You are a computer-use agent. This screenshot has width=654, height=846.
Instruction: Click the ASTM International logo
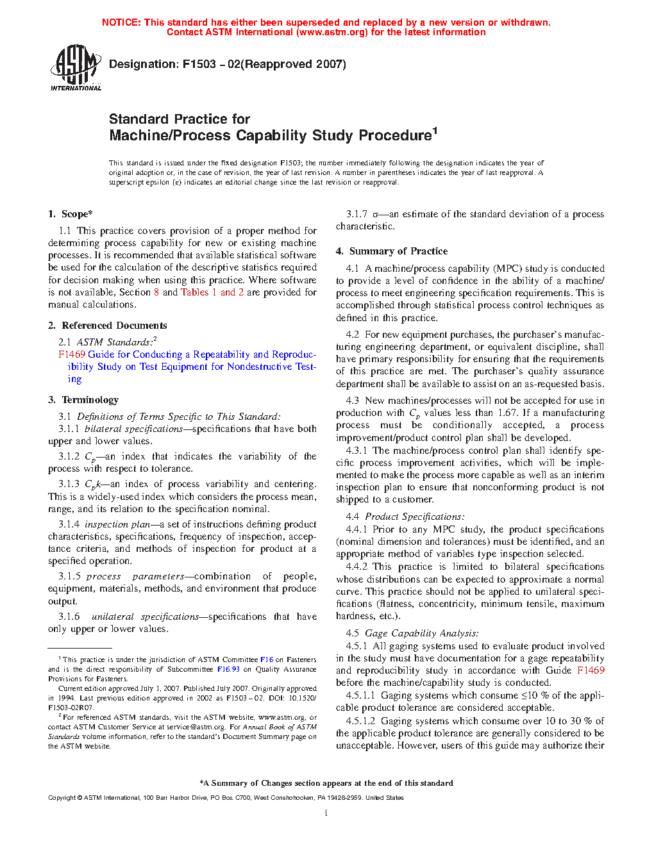(76, 67)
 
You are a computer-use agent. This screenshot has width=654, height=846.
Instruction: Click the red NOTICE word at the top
(121, 22)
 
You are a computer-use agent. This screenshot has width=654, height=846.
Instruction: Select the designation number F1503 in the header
(199, 64)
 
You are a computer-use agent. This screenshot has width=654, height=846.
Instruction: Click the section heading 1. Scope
(71, 214)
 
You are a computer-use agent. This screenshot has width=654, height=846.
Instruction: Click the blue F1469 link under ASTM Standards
(72, 354)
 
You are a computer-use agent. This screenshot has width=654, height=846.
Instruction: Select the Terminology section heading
(83, 400)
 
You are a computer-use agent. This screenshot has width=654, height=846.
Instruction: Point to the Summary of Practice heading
(392, 251)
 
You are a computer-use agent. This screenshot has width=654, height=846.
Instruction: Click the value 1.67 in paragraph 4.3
(507, 413)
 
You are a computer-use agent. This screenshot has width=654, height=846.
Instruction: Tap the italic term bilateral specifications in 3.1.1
(133, 429)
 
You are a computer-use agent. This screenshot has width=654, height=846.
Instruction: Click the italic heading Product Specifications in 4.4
(415, 517)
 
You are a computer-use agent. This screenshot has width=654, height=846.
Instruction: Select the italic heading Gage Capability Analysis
(422, 633)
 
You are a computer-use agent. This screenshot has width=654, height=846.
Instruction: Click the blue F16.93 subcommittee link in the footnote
(228, 669)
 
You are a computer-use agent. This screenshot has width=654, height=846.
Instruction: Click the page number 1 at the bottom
(326, 813)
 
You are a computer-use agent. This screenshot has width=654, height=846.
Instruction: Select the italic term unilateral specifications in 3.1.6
(145, 617)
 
